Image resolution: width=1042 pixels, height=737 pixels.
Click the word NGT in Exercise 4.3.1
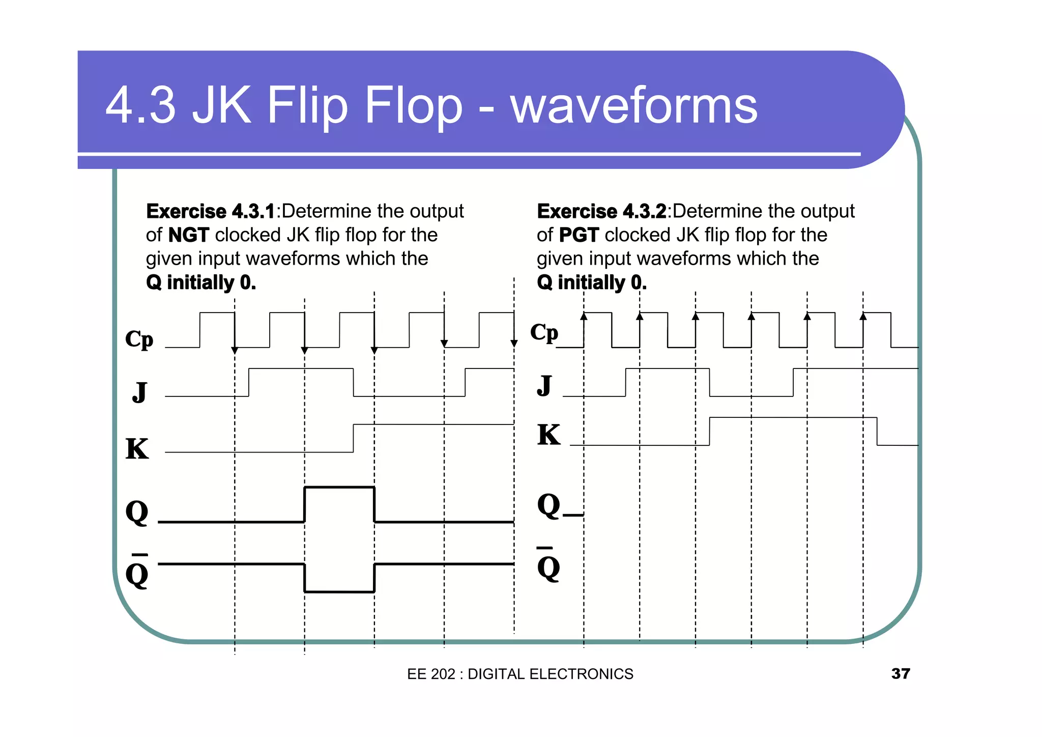click(x=188, y=235)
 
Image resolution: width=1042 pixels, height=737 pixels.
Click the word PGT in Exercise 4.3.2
click(x=578, y=235)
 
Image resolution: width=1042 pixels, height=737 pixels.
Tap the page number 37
click(x=900, y=673)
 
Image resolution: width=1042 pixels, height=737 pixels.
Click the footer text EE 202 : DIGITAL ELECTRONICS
click(x=520, y=674)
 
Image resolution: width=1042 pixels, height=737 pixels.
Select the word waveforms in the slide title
click(x=634, y=105)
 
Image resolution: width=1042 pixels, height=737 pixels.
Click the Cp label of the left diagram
click(x=139, y=339)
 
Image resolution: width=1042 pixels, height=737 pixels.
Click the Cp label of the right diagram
click(x=544, y=332)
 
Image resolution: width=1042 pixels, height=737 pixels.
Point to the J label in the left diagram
click(x=139, y=391)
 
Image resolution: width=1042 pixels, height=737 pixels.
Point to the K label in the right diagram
click(x=548, y=435)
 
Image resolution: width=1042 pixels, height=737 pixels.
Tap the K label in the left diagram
click(x=137, y=449)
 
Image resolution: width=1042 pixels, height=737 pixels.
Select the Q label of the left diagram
click(x=137, y=512)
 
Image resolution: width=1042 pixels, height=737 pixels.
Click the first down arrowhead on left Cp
click(x=235, y=350)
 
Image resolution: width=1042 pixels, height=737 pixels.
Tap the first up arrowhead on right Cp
click(x=584, y=316)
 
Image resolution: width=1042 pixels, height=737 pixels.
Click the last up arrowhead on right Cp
click(x=863, y=316)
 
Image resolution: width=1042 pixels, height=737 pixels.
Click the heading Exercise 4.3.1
click(x=210, y=211)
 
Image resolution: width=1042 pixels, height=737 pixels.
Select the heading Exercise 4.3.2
click(x=601, y=211)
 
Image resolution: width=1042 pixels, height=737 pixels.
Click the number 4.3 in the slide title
click(x=140, y=105)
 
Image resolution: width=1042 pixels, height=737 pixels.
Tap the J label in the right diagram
click(x=544, y=385)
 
